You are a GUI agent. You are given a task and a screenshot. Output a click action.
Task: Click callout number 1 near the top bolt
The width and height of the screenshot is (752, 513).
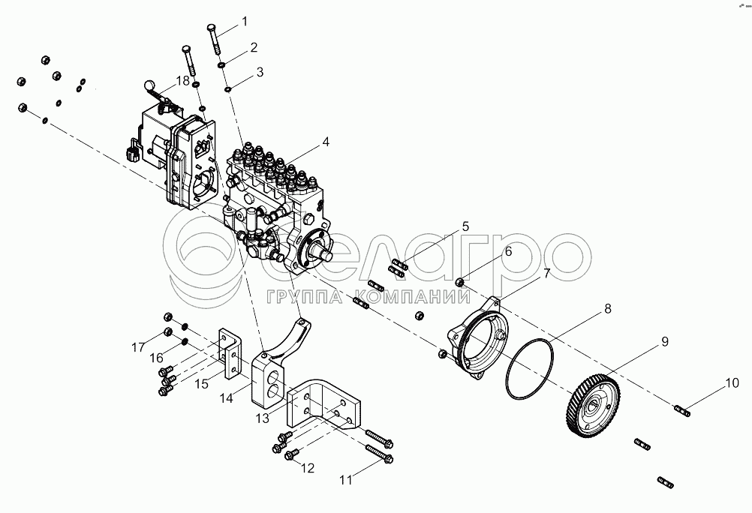coord(245,22)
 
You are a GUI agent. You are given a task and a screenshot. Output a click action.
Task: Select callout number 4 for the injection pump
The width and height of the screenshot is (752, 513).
coord(326,142)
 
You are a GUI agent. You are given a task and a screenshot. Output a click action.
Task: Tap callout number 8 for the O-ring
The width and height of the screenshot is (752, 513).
coord(608,309)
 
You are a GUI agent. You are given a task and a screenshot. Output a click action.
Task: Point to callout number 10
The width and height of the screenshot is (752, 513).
coord(732,383)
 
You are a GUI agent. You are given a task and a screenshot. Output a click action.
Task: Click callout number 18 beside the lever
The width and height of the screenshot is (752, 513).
coord(182,80)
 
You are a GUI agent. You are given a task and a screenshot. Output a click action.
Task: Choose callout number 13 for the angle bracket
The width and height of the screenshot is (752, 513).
coord(263,418)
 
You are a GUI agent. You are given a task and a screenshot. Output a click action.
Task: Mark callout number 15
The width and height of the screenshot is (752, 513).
coord(202,383)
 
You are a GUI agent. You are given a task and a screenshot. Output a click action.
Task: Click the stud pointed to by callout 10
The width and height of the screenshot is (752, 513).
coord(681,410)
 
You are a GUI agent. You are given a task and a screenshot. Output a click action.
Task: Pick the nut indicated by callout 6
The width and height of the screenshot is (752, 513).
coord(459,282)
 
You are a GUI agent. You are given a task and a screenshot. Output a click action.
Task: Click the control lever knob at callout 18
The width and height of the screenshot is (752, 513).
coord(149,85)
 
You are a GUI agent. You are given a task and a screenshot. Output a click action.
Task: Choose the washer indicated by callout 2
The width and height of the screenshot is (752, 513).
coord(223,64)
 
